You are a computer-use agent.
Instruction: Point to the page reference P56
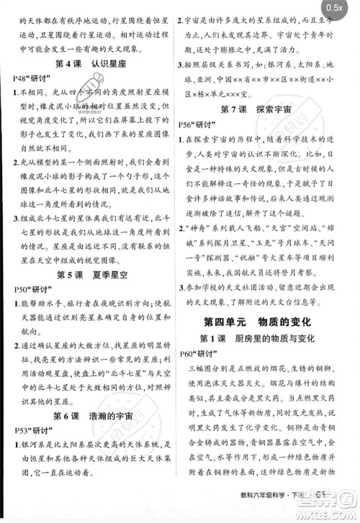click(x=189, y=124)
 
